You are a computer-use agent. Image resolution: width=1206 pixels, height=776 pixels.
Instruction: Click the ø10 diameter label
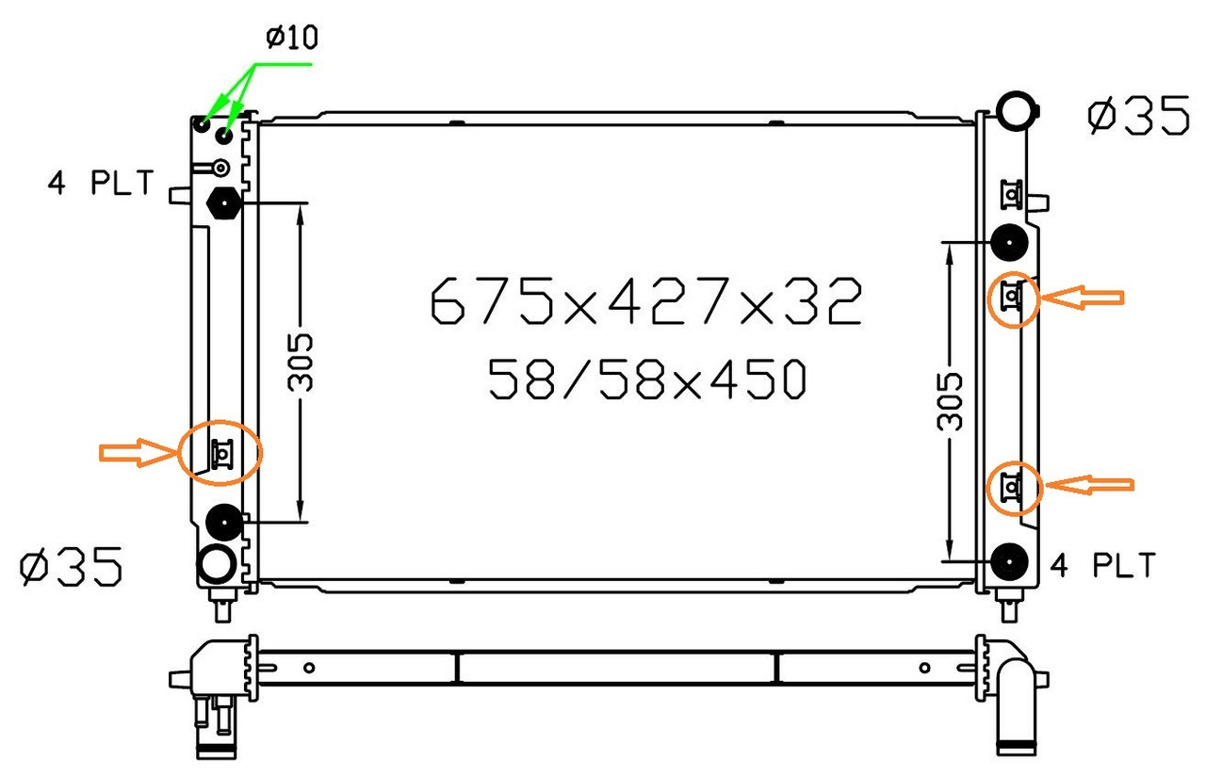point(292,37)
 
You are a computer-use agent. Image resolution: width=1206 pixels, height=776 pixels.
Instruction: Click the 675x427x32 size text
point(646,300)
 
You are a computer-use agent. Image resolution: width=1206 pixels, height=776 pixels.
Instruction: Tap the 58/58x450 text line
point(647,380)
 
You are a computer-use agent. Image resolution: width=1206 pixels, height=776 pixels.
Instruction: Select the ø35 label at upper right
point(1138,115)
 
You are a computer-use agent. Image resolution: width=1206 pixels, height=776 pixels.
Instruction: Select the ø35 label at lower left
point(71,566)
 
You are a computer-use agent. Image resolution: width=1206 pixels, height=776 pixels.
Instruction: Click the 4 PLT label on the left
point(101,183)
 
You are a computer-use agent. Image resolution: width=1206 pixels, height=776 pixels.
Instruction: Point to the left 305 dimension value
point(301,363)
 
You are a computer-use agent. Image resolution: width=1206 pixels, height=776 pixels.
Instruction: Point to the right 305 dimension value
point(949,402)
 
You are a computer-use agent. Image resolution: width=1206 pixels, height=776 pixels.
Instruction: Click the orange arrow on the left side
point(139,453)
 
